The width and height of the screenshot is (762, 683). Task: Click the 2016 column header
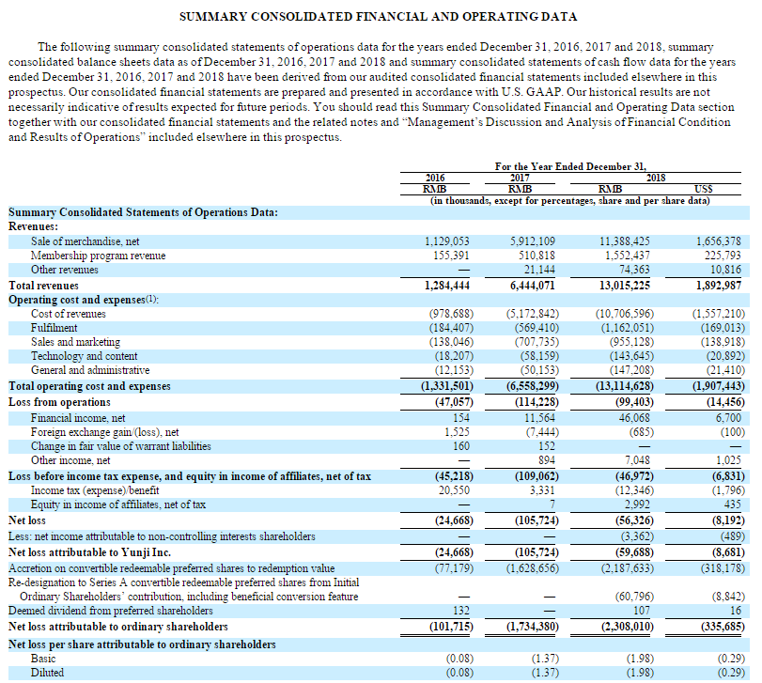tap(435, 178)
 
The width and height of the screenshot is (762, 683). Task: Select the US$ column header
tap(703, 189)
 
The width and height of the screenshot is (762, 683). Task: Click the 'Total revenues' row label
tap(43, 286)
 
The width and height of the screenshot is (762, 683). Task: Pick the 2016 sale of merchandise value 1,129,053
tap(447, 241)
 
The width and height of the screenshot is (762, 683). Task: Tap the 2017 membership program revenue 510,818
tap(537, 256)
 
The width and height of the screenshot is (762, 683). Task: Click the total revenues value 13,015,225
tap(625, 286)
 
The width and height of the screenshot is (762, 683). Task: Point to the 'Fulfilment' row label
tap(54, 328)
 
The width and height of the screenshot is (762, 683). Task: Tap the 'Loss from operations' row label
tap(59, 402)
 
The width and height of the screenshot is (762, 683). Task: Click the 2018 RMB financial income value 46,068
tap(634, 418)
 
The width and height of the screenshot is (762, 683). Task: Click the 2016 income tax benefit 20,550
tap(454, 490)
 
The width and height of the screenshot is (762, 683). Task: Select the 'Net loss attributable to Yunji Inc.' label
tap(89, 552)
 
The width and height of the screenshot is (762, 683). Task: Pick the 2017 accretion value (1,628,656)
tap(533, 568)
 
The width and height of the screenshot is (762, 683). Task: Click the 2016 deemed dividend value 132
tap(461, 611)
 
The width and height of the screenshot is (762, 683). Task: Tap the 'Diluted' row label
tap(47, 673)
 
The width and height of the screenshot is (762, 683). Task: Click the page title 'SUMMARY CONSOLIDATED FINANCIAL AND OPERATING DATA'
tap(378, 17)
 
